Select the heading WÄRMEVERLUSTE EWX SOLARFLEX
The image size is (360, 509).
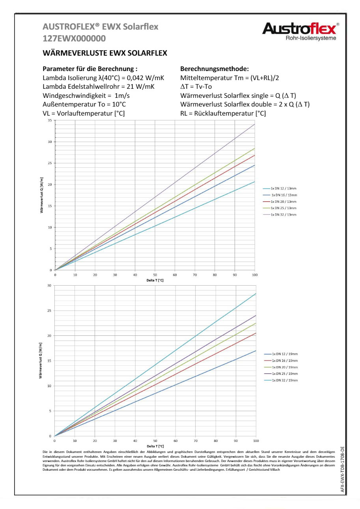104,52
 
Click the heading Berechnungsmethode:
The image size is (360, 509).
214,69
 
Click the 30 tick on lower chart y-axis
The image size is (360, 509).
49,285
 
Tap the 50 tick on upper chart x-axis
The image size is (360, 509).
155,275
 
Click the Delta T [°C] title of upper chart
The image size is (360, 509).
155,280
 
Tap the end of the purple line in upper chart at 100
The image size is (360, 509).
254,124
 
